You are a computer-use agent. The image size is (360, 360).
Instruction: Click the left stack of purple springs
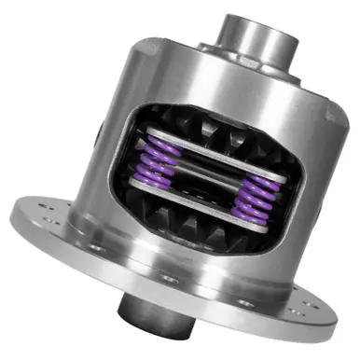[160, 158]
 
